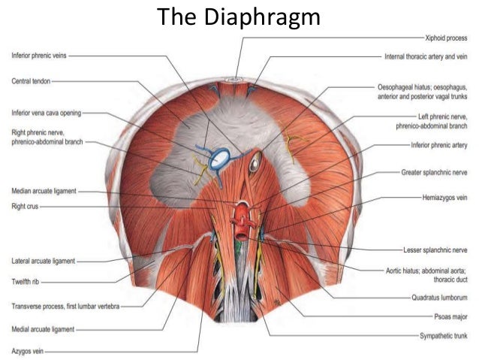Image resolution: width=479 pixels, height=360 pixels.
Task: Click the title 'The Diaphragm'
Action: click(x=239, y=17)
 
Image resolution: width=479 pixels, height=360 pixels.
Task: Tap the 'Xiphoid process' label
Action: click(x=446, y=38)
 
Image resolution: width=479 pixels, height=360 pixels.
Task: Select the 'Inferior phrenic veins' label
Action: click(x=39, y=56)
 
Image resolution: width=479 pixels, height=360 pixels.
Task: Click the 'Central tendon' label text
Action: click(x=31, y=81)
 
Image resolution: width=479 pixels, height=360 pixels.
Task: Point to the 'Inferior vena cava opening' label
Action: click(x=47, y=113)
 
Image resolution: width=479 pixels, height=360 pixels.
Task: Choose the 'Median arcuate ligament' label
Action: click(x=44, y=191)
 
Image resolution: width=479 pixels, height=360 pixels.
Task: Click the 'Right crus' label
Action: click(x=25, y=207)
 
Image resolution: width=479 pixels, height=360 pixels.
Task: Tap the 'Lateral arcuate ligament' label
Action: click(x=43, y=262)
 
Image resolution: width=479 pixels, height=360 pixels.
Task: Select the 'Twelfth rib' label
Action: click(x=26, y=282)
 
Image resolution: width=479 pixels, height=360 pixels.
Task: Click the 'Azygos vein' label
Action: click(x=28, y=351)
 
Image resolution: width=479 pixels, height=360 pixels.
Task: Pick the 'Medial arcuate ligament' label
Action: click(x=43, y=329)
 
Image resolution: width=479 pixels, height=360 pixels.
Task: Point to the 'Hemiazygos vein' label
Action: click(x=444, y=198)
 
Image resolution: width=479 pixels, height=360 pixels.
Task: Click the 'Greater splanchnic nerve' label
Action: click(x=434, y=173)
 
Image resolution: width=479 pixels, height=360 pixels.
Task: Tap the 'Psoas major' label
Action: click(x=450, y=317)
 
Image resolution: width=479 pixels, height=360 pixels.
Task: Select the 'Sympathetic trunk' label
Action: click(x=444, y=336)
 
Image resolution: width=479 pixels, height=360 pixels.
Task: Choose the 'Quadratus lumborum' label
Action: click(x=439, y=298)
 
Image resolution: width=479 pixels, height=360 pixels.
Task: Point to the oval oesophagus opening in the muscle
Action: click(x=255, y=162)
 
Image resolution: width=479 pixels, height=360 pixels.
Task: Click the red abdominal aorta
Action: click(x=243, y=221)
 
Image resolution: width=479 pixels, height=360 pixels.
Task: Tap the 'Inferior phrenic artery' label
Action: click(x=439, y=145)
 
